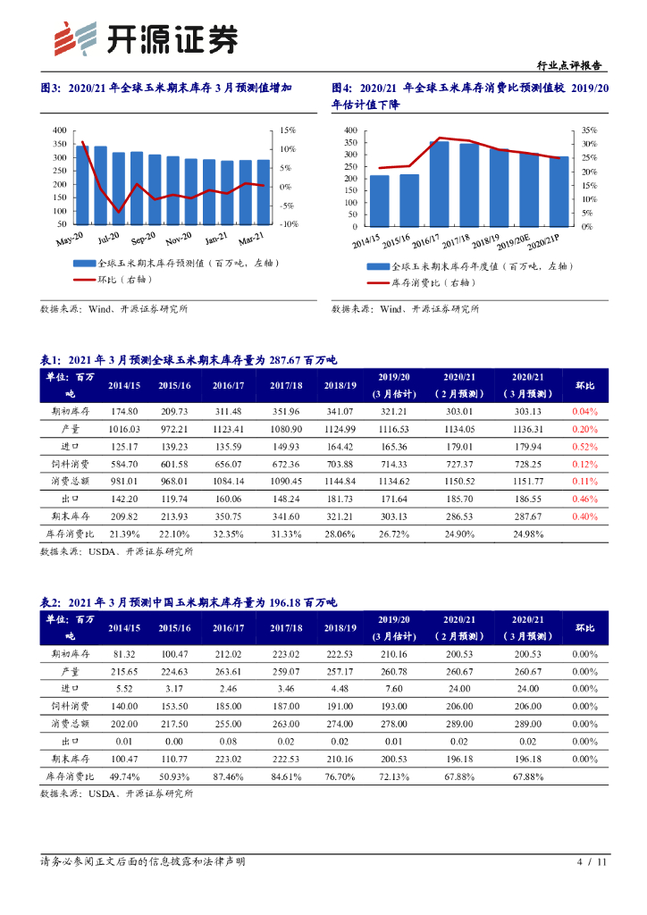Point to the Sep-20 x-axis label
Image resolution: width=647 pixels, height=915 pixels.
point(143,239)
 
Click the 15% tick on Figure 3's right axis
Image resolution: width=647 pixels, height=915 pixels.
point(285,130)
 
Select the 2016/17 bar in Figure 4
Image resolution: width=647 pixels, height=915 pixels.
point(439,183)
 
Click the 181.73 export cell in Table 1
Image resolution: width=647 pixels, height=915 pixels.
point(340,499)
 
